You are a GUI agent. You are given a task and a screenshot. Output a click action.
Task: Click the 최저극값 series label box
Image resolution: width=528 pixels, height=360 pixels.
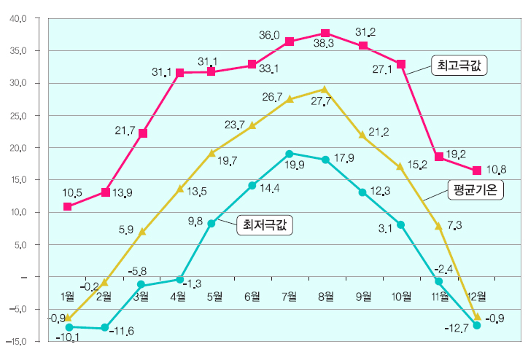coord(264,225)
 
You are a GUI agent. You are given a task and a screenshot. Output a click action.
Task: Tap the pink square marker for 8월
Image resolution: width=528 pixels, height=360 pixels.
coord(325,34)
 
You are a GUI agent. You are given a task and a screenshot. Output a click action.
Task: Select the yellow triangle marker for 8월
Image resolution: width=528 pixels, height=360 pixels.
coord(325,90)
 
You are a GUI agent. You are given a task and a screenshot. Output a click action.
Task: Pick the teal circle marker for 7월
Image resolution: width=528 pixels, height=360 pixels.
coord(290,154)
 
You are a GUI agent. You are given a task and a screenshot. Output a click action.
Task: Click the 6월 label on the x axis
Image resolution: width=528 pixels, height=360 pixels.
coord(252,296)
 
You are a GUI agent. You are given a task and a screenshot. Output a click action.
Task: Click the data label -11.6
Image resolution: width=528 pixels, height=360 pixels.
coord(121,332)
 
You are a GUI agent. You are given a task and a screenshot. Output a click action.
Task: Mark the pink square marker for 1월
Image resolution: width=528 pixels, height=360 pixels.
coord(68,206)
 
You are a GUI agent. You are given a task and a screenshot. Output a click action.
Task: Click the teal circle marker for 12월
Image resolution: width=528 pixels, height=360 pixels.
coord(477,326)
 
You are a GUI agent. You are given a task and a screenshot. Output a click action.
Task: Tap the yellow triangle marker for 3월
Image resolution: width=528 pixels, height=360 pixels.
coord(142,231)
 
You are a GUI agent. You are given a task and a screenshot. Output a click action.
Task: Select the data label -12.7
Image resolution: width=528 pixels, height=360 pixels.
coord(456,329)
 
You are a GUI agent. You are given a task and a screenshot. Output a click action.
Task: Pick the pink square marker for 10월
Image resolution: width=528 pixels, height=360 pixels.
coord(401,64)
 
